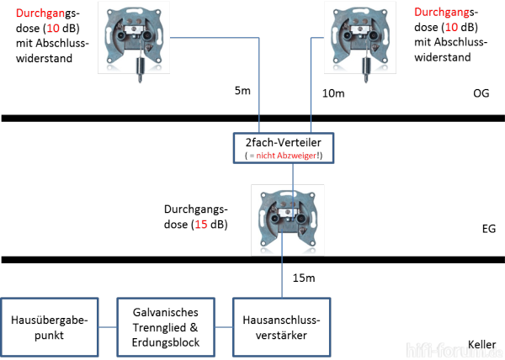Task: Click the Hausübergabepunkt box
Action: coord(50,327)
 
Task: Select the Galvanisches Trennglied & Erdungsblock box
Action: coord(166,327)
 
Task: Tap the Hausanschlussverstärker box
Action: coord(281,327)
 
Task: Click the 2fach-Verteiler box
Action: coord(284,148)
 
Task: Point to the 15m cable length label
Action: coord(304,278)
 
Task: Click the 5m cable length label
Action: coord(242,91)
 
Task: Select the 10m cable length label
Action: coord(333,93)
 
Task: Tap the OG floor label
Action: coord(481,93)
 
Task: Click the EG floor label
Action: coord(488,229)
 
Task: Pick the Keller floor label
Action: coord(481,344)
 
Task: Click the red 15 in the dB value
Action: coord(201,225)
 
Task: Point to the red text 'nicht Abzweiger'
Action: coord(286,156)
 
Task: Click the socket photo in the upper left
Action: coord(134,38)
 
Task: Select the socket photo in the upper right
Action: coord(360,38)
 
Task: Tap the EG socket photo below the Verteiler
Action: coord(288,220)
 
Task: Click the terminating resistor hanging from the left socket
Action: coord(140,69)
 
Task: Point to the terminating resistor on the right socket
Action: coord(365,69)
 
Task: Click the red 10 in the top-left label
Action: coord(53,28)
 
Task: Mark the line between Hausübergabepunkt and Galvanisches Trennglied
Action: coord(108,327)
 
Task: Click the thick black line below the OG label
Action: coord(252,118)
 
